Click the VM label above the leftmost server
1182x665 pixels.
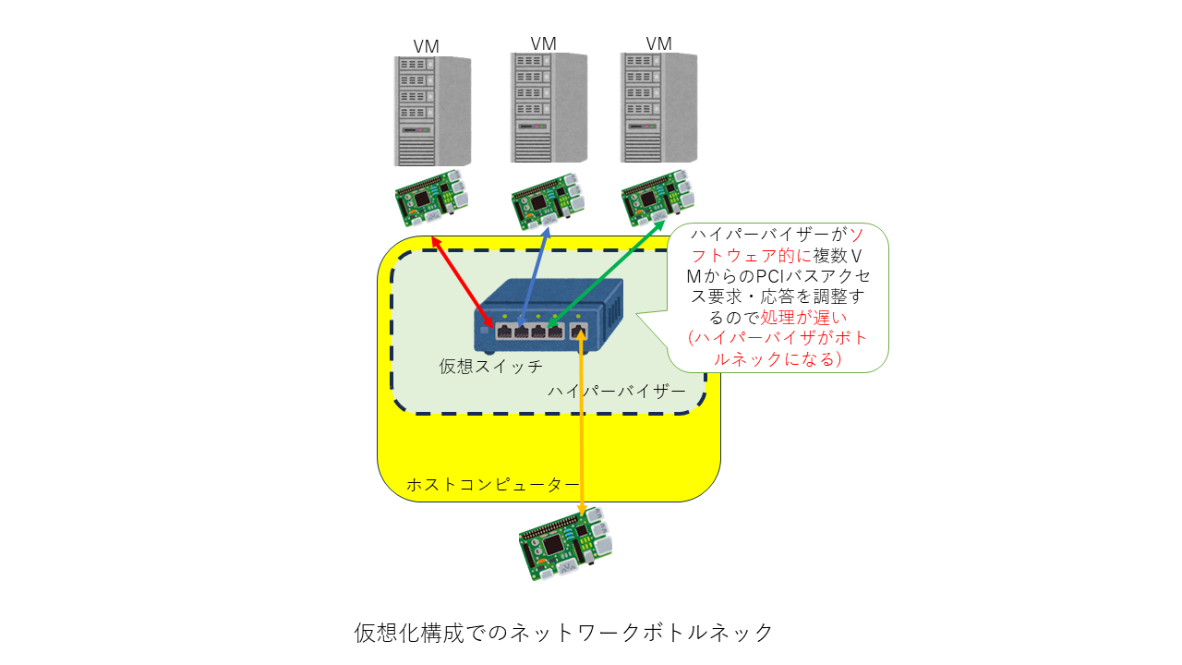tap(426, 46)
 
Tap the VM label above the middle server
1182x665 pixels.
tap(543, 43)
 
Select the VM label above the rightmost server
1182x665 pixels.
tap(658, 43)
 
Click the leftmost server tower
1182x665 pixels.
tap(432, 111)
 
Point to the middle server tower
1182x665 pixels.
tap(549, 108)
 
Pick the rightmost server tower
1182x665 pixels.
tap(658, 108)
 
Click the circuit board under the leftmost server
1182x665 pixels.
tap(431, 198)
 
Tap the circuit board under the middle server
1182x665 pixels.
tap(549, 201)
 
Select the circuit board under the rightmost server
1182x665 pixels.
tap(657, 198)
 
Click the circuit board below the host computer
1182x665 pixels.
tap(565, 544)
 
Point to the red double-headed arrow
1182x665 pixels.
tap(463, 283)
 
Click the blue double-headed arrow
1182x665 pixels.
tap(534, 278)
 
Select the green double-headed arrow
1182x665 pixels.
tap(606, 273)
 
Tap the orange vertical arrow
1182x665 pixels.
tap(581, 421)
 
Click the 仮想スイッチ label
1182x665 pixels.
tap(490, 367)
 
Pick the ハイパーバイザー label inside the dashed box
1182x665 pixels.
tap(616, 391)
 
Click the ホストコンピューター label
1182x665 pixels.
tap(493, 485)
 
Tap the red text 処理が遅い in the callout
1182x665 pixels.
tap(803, 317)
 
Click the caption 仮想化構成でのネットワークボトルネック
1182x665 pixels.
tap(563, 633)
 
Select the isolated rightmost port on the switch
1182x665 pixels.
tap(579, 332)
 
